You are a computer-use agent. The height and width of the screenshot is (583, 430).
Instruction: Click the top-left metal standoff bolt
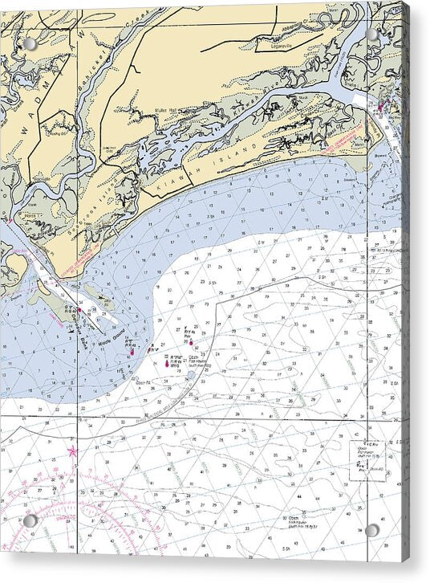(x=30, y=44)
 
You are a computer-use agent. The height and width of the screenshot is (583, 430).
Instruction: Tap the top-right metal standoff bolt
(x=371, y=35)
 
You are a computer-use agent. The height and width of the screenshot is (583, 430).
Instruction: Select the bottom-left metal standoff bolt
(x=30, y=520)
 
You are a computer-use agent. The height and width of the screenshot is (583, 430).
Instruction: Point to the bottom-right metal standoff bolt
(x=371, y=530)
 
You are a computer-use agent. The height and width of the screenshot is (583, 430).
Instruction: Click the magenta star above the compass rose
(x=73, y=451)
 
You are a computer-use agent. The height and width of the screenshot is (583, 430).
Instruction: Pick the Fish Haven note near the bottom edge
(x=302, y=520)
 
